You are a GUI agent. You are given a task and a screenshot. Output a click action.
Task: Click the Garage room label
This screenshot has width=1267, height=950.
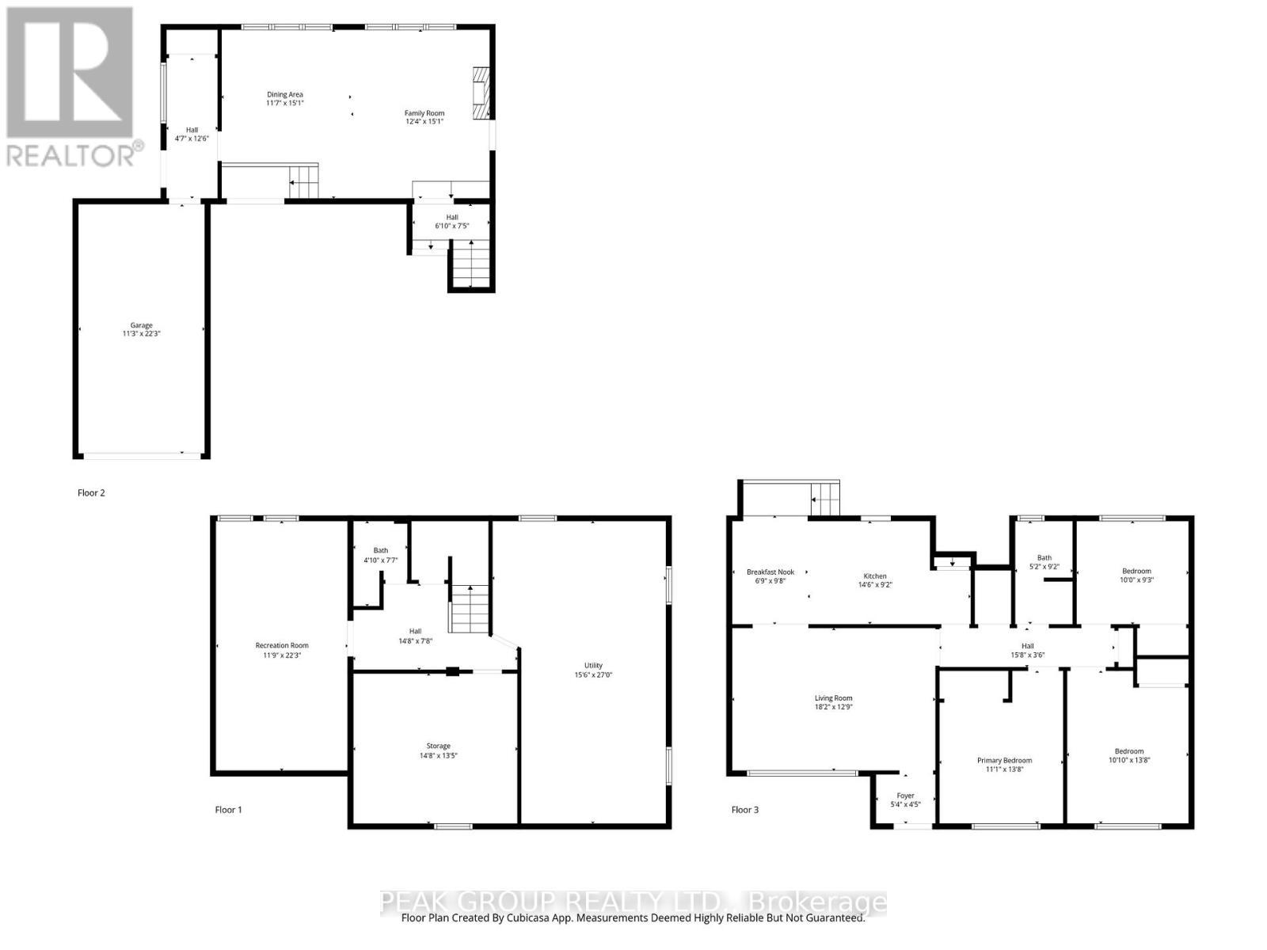[x=142, y=325]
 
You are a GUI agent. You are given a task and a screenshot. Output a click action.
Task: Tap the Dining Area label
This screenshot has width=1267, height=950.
[x=284, y=95]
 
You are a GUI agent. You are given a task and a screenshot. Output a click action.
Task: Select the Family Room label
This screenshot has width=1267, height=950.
[x=424, y=113]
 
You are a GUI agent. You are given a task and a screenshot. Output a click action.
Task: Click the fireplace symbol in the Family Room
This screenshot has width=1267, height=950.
[x=481, y=92]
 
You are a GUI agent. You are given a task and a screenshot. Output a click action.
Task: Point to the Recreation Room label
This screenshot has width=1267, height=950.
[x=282, y=645]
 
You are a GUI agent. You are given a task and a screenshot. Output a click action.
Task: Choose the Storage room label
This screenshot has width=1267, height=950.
[x=438, y=746]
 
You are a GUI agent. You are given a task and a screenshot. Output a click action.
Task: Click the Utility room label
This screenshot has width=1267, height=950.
[x=593, y=665]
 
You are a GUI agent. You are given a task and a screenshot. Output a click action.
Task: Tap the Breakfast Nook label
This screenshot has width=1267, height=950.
[x=770, y=572]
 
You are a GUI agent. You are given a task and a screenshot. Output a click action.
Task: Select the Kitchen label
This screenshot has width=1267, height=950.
[x=874, y=576]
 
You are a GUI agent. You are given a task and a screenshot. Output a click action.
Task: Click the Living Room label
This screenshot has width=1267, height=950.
[x=833, y=698]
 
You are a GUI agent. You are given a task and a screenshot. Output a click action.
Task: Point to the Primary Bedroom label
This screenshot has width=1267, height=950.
[x=1004, y=760]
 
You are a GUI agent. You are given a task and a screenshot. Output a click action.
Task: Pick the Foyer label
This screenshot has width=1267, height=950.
[x=905, y=796]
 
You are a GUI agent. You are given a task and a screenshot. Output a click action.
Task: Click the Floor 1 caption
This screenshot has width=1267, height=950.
[x=228, y=810]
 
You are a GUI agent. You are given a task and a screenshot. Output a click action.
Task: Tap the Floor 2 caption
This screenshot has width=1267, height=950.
[x=91, y=492]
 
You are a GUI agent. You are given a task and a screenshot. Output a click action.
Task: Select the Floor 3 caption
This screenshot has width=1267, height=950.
[x=744, y=810]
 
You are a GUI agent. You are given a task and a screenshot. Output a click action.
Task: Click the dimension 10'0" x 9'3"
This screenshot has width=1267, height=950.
[x=1136, y=579]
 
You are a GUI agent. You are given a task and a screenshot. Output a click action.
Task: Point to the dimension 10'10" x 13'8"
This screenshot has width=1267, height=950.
[x=1129, y=760]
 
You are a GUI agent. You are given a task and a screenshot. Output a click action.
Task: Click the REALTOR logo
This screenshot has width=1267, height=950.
[x=71, y=87]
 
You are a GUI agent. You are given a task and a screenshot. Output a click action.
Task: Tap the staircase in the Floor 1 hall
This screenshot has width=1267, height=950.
[x=470, y=608]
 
